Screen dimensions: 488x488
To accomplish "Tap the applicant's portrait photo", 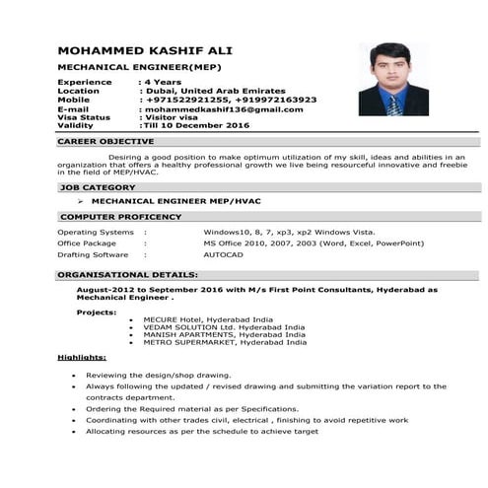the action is [x=393, y=80].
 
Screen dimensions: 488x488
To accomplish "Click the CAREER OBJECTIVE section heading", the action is [x=106, y=142].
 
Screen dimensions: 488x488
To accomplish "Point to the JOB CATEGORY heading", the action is [x=97, y=186].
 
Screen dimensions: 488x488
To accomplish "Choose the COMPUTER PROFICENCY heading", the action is [x=120, y=216].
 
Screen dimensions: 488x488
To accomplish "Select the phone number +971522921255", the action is [x=189, y=100].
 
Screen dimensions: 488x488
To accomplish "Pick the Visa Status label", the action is [x=88, y=117].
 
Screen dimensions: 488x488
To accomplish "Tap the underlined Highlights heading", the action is [x=82, y=357].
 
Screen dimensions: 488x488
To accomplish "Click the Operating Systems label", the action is [x=96, y=232].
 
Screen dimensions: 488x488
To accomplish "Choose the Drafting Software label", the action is [x=94, y=253].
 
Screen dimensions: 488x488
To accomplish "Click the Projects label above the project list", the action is [x=96, y=312].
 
